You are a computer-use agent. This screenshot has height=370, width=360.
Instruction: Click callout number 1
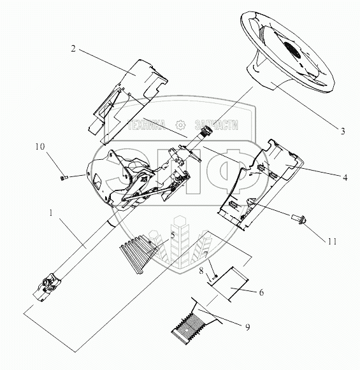click(50, 213)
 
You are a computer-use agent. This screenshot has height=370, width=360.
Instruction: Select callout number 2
click(73, 48)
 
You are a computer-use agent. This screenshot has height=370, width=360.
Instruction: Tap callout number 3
click(343, 131)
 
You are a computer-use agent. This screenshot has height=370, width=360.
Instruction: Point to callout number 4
click(345, 178)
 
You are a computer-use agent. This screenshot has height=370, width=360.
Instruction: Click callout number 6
click(261, 292)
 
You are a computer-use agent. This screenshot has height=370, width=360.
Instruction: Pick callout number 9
click(247, 327)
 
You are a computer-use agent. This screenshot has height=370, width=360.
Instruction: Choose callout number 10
click(40, 146)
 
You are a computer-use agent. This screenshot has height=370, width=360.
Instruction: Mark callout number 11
click(332, 241)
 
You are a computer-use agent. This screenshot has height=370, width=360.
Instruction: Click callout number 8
click(201, 271)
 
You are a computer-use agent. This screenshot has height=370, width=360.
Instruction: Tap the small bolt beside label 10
click(64, 177)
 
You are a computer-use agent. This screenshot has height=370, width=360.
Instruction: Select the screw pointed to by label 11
click(299, 218)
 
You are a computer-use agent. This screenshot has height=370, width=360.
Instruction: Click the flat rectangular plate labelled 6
click(229, 284)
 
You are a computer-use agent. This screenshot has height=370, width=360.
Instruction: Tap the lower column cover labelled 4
click(261, 185)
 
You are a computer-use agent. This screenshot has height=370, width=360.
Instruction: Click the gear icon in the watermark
click(181, 125)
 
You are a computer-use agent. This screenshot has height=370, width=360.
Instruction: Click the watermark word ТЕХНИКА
click(147, 125)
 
